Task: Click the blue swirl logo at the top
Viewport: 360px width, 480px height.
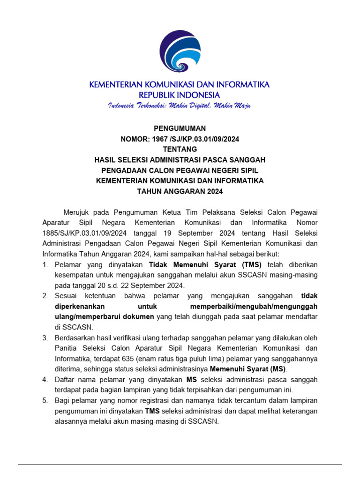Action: pyautogui.click(x=180, y=51)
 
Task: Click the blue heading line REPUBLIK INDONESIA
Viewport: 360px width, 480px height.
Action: pyautogui.click(x=180, y=95)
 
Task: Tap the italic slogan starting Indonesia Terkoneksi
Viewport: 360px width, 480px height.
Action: pyautogui.click(x=180, y=105)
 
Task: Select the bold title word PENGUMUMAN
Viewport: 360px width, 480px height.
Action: pyautogui.click(x=180, y=128)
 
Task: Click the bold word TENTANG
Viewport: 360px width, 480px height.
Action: pyautogui.click(x=180, y=149)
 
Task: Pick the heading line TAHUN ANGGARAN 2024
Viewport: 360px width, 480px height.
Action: pyautogui.click(x=180, y=191)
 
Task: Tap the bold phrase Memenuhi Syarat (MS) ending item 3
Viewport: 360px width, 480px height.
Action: pyautogui.click(x=248, y=369)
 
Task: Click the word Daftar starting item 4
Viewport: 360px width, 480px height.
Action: pyautogui.click(x=65, y=379)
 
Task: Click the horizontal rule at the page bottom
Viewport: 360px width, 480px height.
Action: pyautogui.click(x=180, y=465)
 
